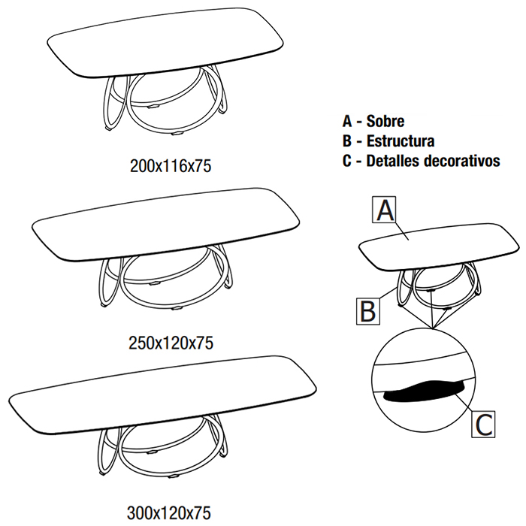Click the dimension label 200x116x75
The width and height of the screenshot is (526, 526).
171,166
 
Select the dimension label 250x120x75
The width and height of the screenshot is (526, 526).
171,343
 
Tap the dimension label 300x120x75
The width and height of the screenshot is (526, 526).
169,513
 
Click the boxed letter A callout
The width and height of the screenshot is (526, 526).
384,210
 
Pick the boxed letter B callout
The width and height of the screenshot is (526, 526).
368,311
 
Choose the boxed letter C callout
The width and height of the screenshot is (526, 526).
483,424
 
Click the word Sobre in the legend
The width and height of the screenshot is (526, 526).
385,121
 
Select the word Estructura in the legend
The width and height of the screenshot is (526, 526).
401,141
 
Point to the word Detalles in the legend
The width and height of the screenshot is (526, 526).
393,161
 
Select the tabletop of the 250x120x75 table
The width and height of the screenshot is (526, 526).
165,224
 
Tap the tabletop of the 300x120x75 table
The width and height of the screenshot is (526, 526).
162,394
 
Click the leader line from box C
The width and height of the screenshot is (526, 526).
464,404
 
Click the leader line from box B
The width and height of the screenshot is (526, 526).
387,293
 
